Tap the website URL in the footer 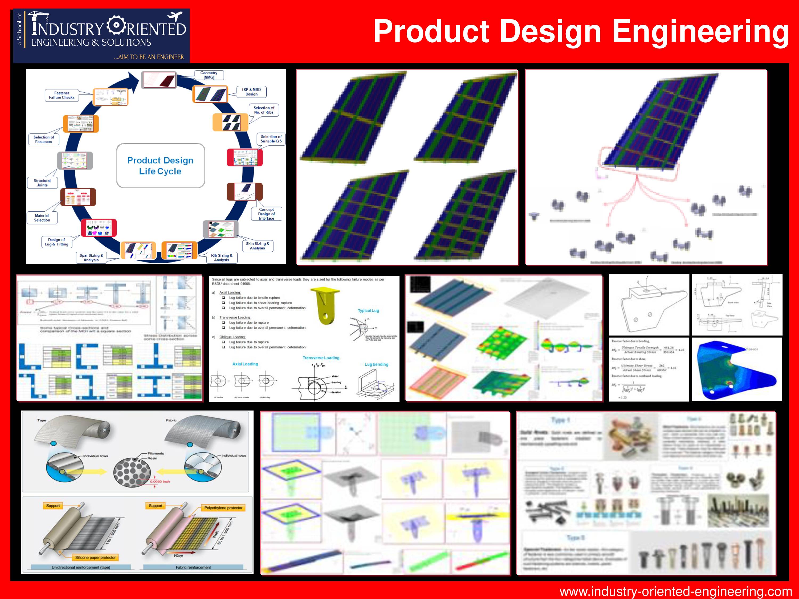tap(675, 592)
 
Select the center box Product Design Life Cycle tap(160, 166)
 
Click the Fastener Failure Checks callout tap(62, 95)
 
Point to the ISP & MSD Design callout tap(251, 92)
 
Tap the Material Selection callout tap(42, 218)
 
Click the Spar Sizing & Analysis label tap(91, 257)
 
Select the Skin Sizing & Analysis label tap(258, 246)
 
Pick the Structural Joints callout tap(42, 183)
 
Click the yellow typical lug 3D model tap(327, 305)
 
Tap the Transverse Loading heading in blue tap(321, 358)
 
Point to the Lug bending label tap(376, 364)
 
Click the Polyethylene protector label tap(223, 508)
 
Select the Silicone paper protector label tap(95, 557)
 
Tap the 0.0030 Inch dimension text tap(160, 482)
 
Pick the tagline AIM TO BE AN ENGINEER tap(149, 57)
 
